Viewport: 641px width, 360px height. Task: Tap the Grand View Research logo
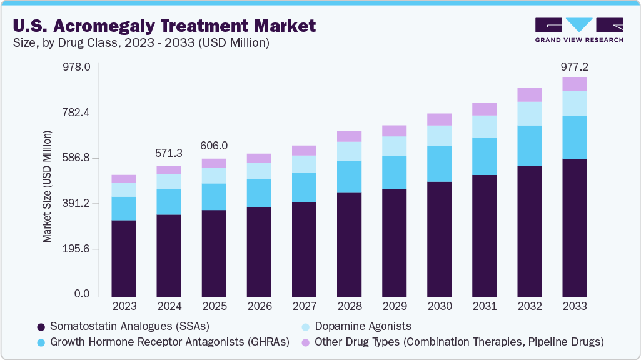(x=578, y=29)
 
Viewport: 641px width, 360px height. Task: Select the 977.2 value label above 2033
(x=575, y=66)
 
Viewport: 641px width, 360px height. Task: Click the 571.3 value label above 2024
(x=169, y=153)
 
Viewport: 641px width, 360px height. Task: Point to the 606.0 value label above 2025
(x=214, y=146)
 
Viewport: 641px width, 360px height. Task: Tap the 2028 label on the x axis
(x=349, y=307)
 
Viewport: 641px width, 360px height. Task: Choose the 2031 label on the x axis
(x=484, y=307)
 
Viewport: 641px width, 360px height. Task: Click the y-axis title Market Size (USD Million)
(x=47, y=187)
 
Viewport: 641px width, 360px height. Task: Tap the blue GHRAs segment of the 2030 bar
(x=439, y=164)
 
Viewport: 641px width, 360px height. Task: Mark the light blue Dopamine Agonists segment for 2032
(x=529, y=114)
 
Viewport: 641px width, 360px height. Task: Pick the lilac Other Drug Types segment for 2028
(x=349, y=136)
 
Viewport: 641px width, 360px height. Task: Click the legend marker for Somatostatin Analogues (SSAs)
(x=41, y=327)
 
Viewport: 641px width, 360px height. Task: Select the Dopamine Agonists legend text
(x=363, y=326)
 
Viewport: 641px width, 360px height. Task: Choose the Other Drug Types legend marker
(x=306, y=342)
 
